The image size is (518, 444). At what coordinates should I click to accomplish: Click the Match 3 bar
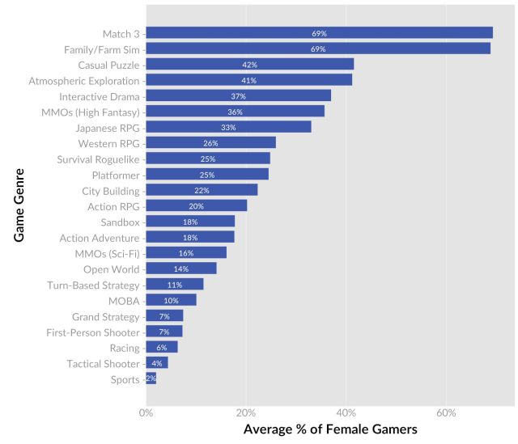pos(319,33)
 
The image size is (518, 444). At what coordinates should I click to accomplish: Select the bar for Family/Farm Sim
pos(318,49)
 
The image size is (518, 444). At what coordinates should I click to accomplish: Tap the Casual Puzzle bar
pos(249,65)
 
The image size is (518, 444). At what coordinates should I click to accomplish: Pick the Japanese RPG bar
pos(228,127)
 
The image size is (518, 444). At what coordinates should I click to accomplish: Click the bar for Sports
pos(151,379)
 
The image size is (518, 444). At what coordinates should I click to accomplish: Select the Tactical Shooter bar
pos(157,364)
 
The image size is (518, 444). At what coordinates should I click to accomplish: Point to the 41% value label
pos(248,80)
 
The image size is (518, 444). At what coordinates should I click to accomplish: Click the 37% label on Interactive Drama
pos(238,96)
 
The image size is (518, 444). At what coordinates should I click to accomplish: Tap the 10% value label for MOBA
pos(171,301)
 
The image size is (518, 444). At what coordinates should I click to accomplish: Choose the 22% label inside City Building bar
pos(202,191)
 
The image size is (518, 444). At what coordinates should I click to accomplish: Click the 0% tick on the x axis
pos(146,412)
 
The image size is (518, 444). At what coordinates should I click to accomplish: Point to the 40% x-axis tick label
pos(346,412)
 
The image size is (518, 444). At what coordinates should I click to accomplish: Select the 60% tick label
pos(446,412)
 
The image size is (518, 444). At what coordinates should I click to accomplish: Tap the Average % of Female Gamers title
pos(330,429)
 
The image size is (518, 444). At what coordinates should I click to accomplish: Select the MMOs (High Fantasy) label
pos(91,112)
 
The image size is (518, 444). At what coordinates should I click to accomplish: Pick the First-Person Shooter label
pos(94,332)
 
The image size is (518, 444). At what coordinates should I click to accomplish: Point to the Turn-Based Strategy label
pos(94,285)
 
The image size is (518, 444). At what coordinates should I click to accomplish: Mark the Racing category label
pos(124,348)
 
